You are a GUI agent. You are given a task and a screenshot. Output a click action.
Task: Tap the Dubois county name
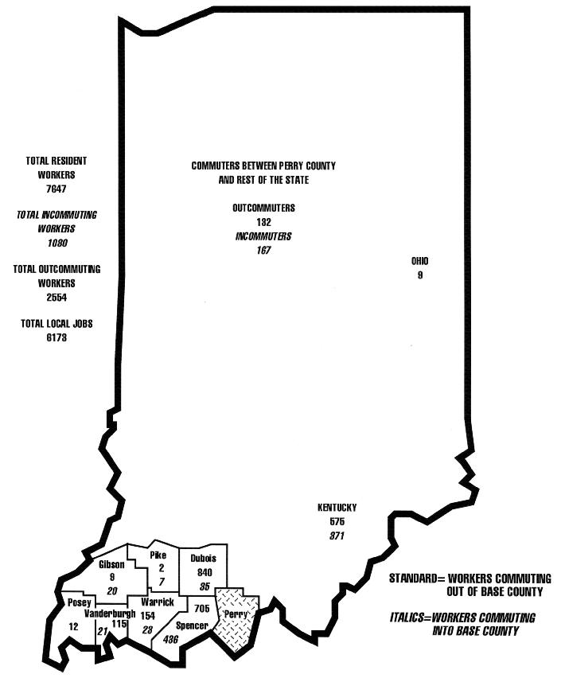[x=203, y=559]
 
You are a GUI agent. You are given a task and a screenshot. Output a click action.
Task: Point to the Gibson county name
[x=111, y=564]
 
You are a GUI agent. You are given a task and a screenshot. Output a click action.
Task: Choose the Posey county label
[x=79, y=602]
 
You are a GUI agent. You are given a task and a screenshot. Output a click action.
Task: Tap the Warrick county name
[x=151, y=602]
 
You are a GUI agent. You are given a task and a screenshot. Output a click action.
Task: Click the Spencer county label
[x=193, y=626]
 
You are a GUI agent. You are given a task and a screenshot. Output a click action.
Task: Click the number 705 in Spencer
[x=201, y=609]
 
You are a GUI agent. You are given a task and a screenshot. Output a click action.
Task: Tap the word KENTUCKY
[x=337, y=508]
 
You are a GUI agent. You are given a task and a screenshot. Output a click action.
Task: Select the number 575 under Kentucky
[x=337, y=521]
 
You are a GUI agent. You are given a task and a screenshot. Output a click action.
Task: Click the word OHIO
[x=419, y=261]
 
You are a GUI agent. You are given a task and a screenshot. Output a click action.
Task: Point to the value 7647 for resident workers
[x=56, y=189]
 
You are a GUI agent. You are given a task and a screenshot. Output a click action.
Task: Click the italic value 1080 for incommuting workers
[x=56, y=243]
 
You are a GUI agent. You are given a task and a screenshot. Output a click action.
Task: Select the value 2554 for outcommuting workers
[x=56, y=297]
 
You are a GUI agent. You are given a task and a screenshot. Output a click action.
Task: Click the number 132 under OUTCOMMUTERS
[x=263, y=222]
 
